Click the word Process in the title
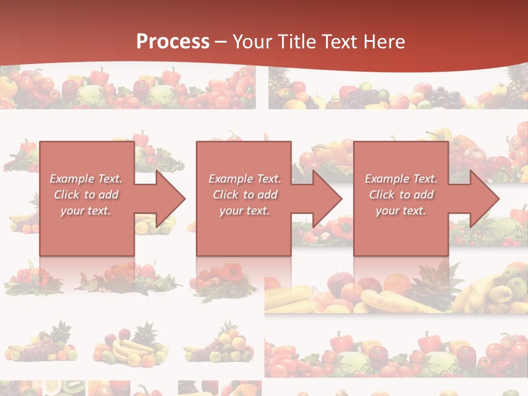173,42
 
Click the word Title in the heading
299,42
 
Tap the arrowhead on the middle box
327,199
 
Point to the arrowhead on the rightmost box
484,199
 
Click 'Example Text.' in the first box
86,179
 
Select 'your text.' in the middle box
244,211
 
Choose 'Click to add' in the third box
401,195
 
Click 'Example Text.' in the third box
401,179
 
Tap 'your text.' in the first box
86,211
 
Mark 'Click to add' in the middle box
245,195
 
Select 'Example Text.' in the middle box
245,179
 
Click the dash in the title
221,42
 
